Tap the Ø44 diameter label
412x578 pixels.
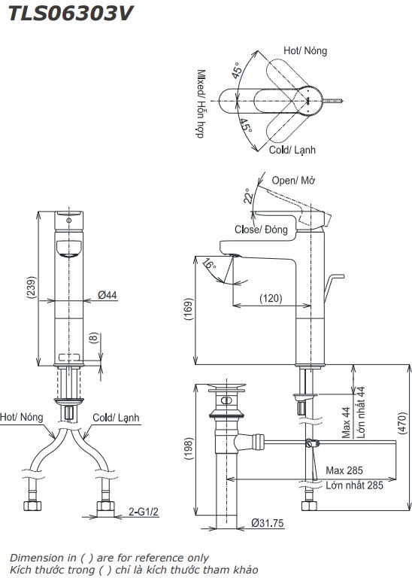(x=108, y=296)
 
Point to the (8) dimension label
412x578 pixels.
(x=94, y=339)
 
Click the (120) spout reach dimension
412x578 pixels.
(x=271, y=298)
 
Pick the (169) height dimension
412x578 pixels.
(x=188, y=309)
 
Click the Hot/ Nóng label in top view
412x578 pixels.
(x=304, y=50)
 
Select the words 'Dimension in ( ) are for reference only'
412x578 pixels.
(x=108, y=558)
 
